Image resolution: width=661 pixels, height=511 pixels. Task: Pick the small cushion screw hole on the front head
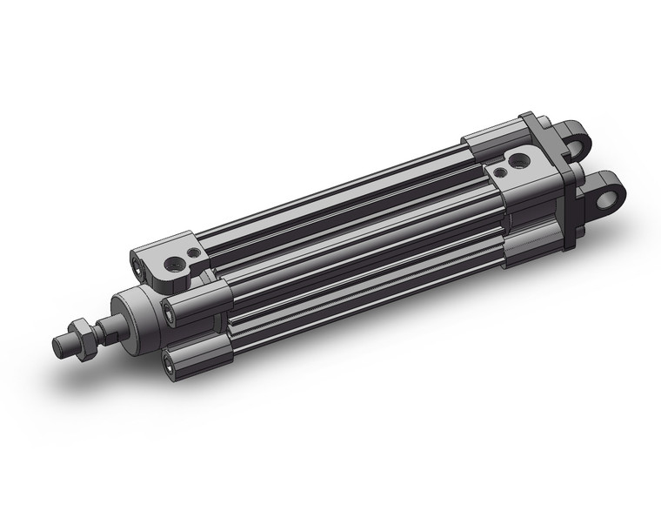pos(194,252)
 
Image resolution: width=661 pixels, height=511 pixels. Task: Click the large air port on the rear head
pos(519,161)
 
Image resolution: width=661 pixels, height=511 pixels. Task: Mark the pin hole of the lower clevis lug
pos(605,192)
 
